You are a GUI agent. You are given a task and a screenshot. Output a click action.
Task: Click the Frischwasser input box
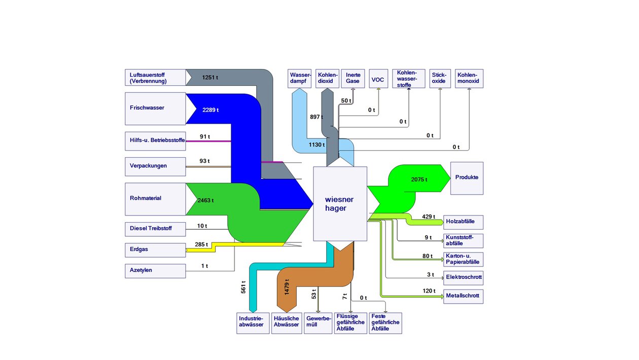[x=155, y=109]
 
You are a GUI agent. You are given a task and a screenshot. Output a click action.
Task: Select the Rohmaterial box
[x=155, y=199]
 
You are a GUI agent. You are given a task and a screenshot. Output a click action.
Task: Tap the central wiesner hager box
[x=340, y=204]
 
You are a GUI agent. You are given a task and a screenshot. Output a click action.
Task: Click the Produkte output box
[x=467, y=178]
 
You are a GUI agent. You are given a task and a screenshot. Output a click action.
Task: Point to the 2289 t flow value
[x=210, y=110]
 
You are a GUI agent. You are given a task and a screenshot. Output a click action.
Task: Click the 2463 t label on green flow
[x=205, y=201]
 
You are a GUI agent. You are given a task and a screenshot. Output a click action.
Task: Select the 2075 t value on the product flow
[x=419, y=179]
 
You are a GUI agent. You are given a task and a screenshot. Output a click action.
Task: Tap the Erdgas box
[x=155, y=250]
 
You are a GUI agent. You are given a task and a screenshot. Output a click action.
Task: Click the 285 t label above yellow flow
[x=201, y=244]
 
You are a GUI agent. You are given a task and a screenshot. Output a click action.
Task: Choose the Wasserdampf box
[x=299, y=79]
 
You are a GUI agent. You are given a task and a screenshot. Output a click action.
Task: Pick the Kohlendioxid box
[x=327, y=79]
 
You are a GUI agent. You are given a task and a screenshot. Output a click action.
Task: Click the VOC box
[x=378, y=79]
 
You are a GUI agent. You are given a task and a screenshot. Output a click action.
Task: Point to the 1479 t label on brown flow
[x=287, y=286]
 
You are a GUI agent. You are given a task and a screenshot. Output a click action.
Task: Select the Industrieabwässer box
[x=253, y=323]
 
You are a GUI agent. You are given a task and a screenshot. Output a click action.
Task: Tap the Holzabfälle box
[x=464, y=222]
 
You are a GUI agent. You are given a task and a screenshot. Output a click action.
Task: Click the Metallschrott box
[x=464, y=297]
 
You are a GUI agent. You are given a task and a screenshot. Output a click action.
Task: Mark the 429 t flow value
[x=429, y=217]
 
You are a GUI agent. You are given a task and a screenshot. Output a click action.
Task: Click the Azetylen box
[x=155, y=271]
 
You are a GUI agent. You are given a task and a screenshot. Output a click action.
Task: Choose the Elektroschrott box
[x=464, y=278]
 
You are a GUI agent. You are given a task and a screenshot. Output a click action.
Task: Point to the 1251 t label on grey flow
[x=210, y=78]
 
